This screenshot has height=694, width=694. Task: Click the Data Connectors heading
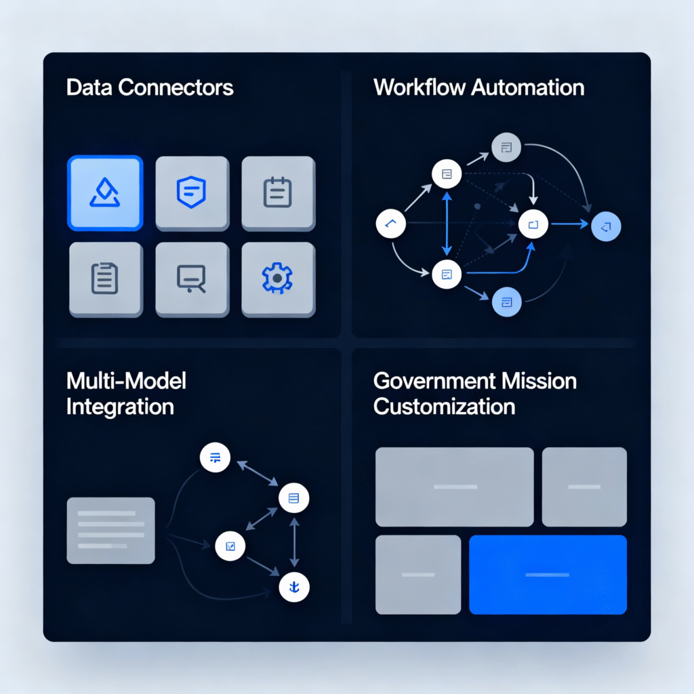[x=150, y=87]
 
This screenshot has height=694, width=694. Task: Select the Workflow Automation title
[x=478, y=87]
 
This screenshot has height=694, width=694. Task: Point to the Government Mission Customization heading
[x=474, y=393]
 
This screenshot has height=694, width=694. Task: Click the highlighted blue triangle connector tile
[x=105, y=193]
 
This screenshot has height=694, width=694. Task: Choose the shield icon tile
[x=192, y=193]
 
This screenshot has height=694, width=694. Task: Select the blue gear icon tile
[x=278, y=279]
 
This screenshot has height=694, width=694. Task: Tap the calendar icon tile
[x=278, y=193]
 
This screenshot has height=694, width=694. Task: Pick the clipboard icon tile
[x=105, y=279]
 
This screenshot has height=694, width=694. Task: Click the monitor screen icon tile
[x=192, y=279]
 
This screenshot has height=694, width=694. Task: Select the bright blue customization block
[x=548, y=575]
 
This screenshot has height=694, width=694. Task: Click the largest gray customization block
[x=454, y=487]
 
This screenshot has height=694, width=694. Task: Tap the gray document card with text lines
[x=110, y=530]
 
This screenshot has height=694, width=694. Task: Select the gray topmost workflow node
[x=506, y=147]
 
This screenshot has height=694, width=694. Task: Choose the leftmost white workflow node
[x=390, y=224]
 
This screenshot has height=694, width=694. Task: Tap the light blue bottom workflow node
[x=506, y=302]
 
